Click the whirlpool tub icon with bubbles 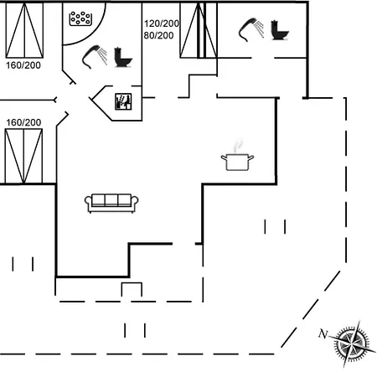80,18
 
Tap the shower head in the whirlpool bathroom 95,57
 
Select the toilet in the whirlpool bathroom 123,57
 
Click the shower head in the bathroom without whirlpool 251,29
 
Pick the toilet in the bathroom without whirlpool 280,30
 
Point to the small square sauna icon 123,101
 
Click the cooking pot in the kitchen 237,162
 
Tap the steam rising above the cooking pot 238,146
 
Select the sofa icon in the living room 111,203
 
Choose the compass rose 353,343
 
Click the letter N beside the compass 323,333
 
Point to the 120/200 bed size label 162,23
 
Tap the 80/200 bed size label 158,35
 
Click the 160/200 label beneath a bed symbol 23,65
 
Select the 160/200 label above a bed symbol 23,122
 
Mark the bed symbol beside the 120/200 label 199,30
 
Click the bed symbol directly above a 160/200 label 24,30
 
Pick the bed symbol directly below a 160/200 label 23,156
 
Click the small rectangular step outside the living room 132,290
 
